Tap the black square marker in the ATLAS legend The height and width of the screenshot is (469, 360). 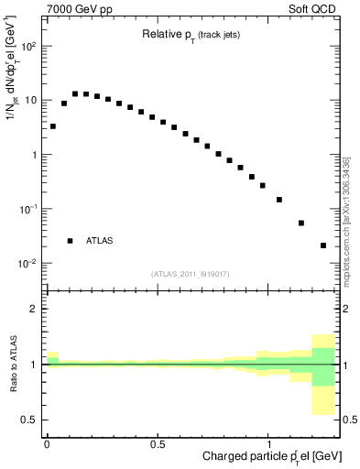point(70,240)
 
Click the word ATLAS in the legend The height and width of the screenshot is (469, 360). point(100,240)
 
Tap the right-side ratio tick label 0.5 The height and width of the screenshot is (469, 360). point(350,420)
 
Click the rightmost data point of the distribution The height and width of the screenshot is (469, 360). point(323,245)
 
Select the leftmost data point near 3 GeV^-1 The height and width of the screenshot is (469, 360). point(53,126)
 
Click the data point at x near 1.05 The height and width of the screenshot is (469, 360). point(279,200)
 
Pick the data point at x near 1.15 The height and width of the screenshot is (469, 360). point(301,223)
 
